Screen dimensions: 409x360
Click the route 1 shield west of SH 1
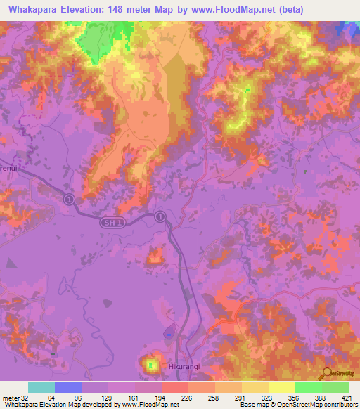pyautogui.click(x=69, y=200)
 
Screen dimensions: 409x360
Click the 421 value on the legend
pyautogui.click(x=348, y=397)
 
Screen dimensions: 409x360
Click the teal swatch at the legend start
pyautogui.click(x=41, y=387)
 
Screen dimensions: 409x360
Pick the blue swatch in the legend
pyautogui.click(x=68, y=387)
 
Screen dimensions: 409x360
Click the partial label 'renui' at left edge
pyautogui.click(x=6, y=169)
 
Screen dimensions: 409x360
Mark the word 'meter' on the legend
pyautogui.click(x=9, y=397)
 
